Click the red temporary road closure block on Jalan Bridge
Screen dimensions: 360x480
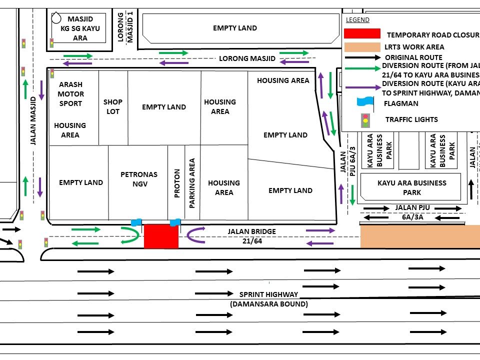coord(161,236)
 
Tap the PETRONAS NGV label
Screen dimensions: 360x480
coord(139,179)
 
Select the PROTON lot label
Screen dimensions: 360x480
coord(176,183)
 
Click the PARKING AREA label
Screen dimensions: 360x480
coord(192,183)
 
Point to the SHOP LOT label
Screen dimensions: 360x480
coord(113,106)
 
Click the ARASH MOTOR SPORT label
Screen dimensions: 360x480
coord(70,94)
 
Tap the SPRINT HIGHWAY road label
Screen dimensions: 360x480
coord(268,299)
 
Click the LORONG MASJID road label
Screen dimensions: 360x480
coord(247,58)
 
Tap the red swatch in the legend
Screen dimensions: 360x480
coord(362,34)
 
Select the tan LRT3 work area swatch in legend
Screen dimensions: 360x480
coord(362,47)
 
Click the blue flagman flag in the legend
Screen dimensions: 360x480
coord(365,101)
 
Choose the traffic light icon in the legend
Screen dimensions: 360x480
coord(365,120)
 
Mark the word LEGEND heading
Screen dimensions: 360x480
coord(357,20)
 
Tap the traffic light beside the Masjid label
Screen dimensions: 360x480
coord(51,43)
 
